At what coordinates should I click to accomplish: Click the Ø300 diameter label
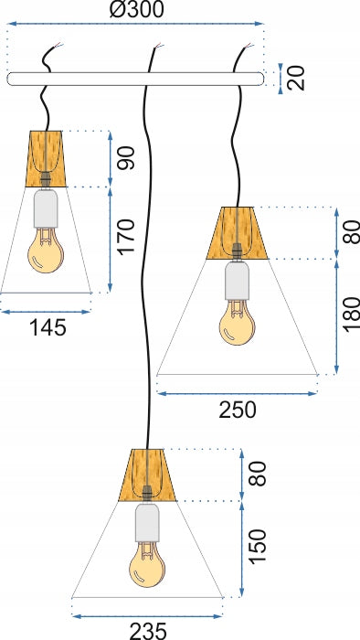tap(136, 10)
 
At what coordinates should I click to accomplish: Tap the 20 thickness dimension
tap(297, 79)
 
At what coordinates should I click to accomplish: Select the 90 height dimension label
tap(127, 157)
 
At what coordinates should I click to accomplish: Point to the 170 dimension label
tap(127, 236)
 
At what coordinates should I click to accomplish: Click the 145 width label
tap(48, 327)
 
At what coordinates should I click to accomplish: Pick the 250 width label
tap(238, 410)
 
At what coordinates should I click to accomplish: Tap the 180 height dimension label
tap(353, 313)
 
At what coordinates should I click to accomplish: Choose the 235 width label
tap(148, 631)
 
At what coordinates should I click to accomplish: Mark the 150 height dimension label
tap(258, 546)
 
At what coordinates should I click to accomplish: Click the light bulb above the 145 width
tap(46, 251)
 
